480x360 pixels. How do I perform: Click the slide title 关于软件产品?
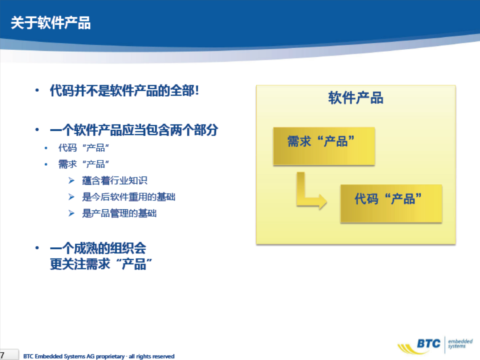pos(50,23)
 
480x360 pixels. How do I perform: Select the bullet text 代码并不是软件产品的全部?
pos(124,91)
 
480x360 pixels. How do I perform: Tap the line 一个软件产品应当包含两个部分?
pos(134,130)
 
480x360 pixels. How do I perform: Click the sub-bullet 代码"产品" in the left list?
pos(84,148)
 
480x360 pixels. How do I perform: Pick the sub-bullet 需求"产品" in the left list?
pos(84,164)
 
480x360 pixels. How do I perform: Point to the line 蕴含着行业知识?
pos(115,181)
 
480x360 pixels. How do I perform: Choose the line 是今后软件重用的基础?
pos(128,197)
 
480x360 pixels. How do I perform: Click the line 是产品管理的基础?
pos(119,213)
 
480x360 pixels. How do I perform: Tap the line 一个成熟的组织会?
pos(98,248)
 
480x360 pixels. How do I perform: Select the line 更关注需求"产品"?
pos(101,264)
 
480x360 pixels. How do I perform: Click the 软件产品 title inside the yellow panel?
pos(356,98)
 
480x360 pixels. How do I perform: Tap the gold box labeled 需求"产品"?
pos(324,146)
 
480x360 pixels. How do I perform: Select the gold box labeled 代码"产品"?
pos(391,204)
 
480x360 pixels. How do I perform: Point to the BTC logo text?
pos(429,344)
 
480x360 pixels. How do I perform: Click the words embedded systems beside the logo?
pos(460,344)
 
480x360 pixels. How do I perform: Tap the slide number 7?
pos(2,355)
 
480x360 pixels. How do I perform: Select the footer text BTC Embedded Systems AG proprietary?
pos(74,356)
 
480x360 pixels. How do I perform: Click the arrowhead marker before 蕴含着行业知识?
pos(71,181)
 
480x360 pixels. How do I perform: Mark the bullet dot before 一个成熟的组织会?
pos(37,248)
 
